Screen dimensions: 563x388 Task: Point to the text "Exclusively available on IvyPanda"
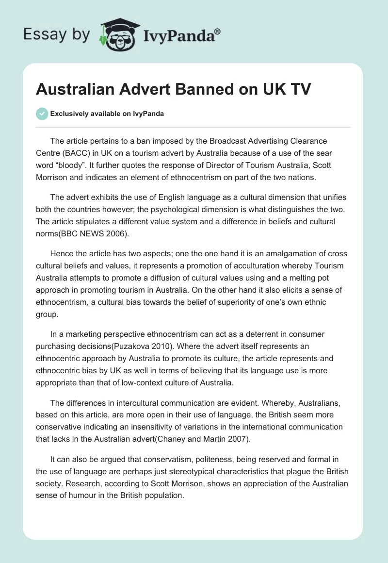107,114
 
